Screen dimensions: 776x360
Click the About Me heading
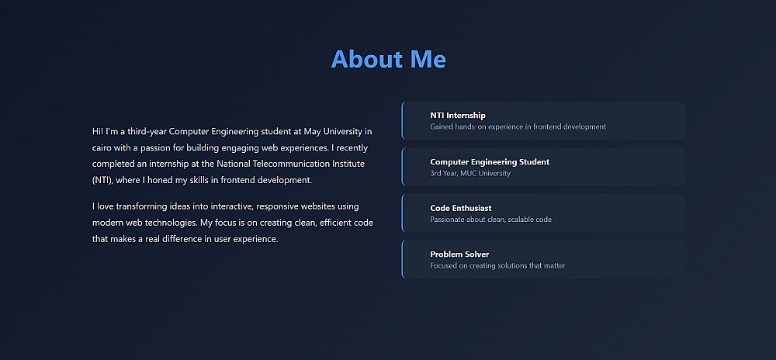tap(389, 59)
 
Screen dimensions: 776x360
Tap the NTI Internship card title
tap(458, 116)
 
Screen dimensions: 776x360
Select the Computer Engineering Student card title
tap(490, 162)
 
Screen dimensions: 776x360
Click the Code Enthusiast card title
tap(461, 208)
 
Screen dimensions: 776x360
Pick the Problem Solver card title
tap(459, 254)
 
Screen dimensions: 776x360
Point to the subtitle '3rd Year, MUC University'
tap(470, 174)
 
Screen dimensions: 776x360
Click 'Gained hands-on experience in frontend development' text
tap(518, 126)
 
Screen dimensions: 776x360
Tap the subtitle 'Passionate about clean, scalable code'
tap(491, 220)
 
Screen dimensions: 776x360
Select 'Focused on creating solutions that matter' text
tap(498, 265)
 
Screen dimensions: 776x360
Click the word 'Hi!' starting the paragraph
tap(98, 132)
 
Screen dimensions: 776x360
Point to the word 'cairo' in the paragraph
tap(102, 148)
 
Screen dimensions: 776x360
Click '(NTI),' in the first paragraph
tap(102, 181)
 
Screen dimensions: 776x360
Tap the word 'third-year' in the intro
tap(147, 132)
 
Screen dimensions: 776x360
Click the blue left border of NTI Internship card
tap(402, 121)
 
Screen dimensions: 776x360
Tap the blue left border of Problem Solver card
tap(402, 259)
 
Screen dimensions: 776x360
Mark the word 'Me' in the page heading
tap(428, 59)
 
